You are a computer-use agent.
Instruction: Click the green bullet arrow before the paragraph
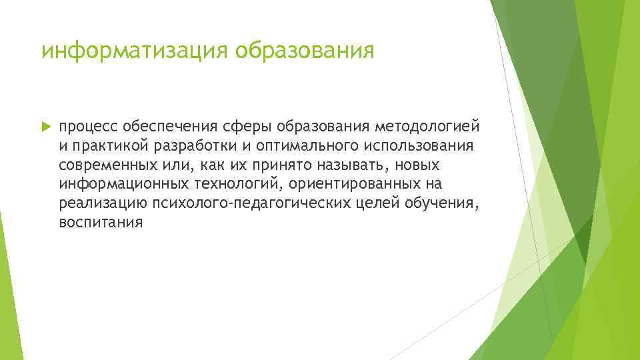(x=46, y=127)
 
